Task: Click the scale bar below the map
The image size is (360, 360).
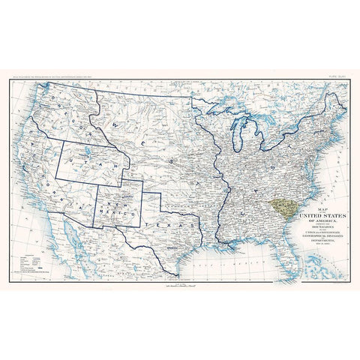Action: click(180, 286)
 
